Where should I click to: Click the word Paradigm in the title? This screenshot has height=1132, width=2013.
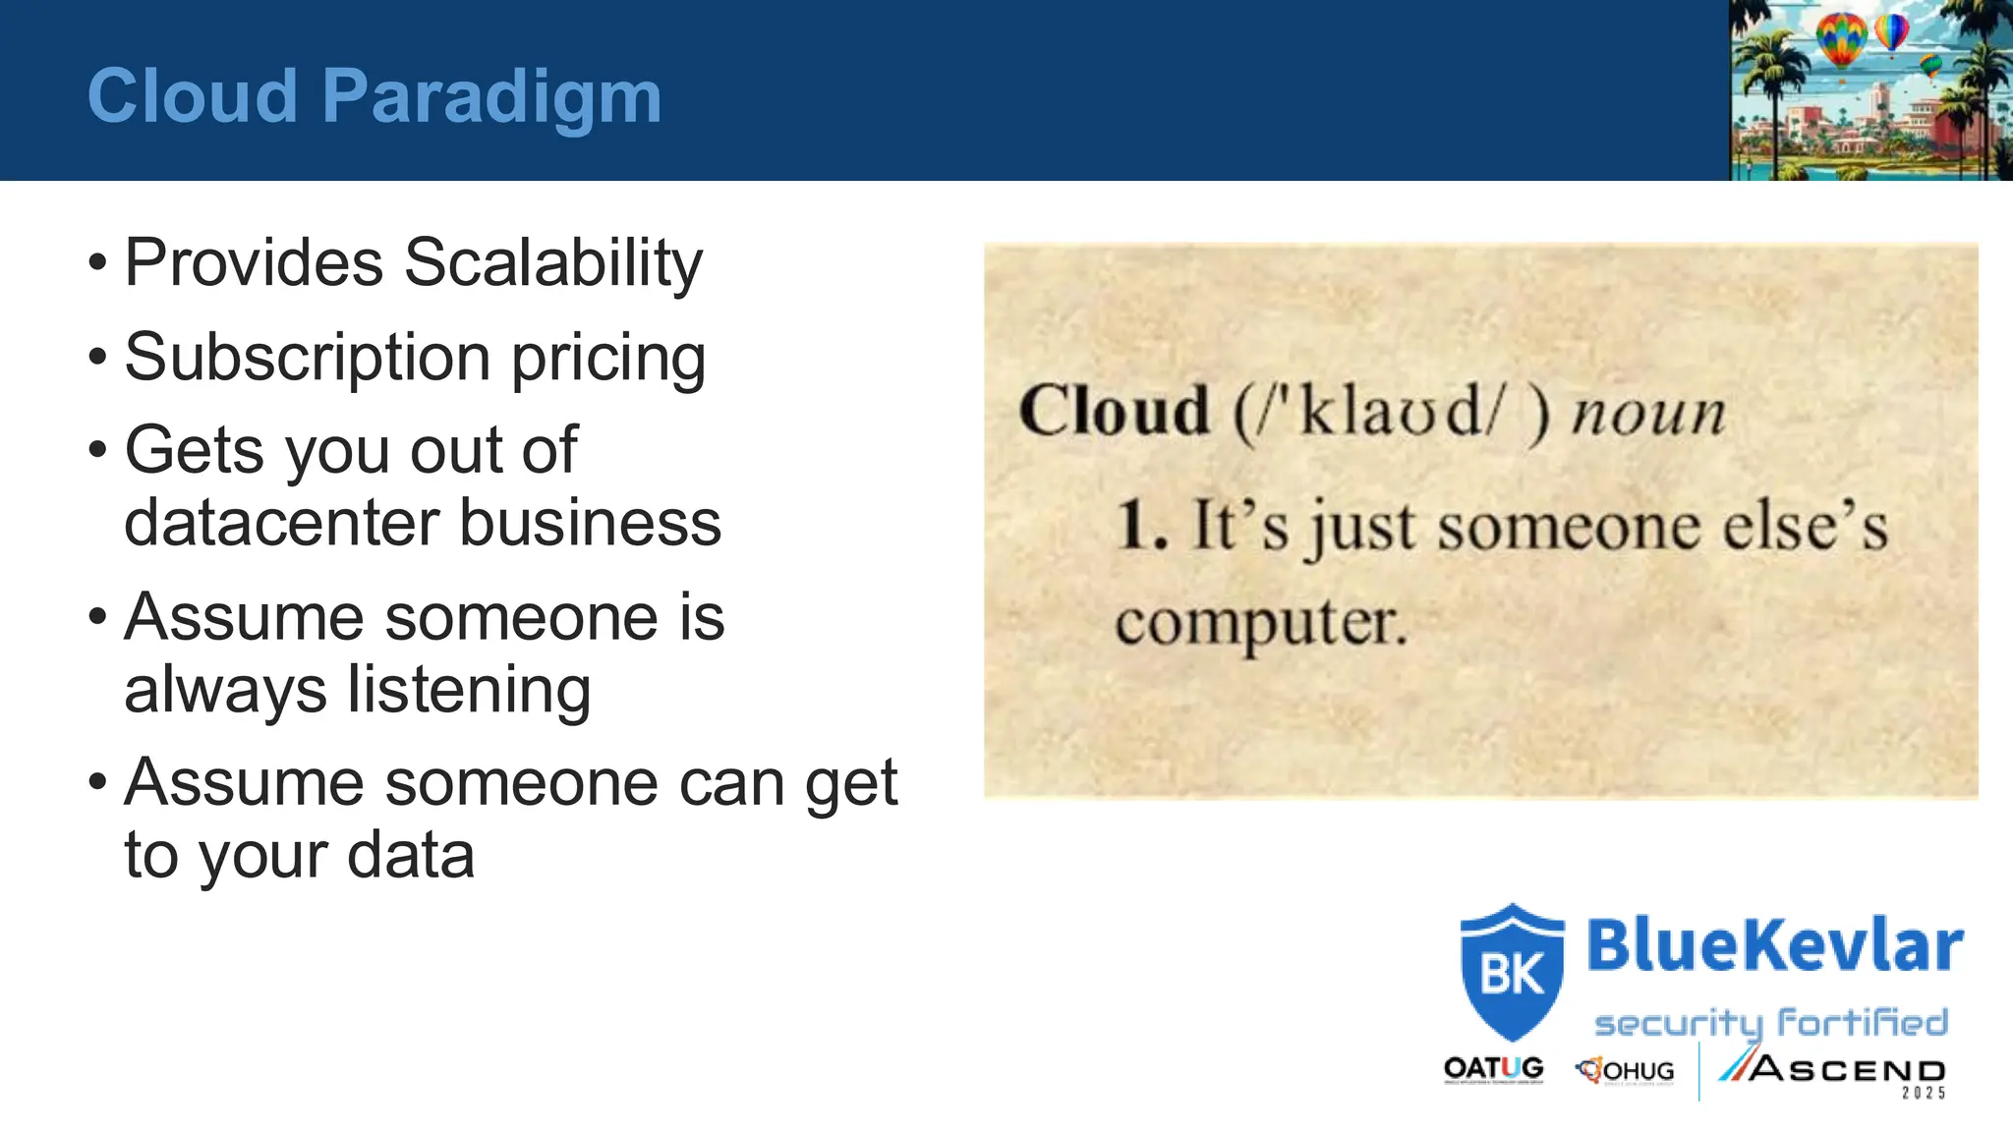(x=491, y=96)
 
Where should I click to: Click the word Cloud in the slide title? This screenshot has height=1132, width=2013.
(x=192, y=96)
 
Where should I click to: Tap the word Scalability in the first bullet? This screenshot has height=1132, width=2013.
(x=552, y=263)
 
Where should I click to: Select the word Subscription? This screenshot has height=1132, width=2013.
(x=307, y=358)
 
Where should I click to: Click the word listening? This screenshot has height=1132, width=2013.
(x=469, y=690)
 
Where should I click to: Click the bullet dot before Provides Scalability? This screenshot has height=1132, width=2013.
(x=97, y=263)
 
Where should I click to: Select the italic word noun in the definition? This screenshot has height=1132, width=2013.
(x=1647, y=413)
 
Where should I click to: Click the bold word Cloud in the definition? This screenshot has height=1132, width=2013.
(x=1114, y=411)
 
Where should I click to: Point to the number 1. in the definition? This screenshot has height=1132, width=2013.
(x=1142, y=526)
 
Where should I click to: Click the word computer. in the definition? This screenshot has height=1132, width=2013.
(x=1261, y=623)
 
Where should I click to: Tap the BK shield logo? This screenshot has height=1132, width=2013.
(x=1511, y=973)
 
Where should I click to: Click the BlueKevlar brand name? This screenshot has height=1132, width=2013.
(x=1774, y=945)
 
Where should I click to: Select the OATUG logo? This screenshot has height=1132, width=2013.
(x=1493, y=1069)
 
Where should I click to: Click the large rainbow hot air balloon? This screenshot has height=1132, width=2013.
(x=1840, y=39)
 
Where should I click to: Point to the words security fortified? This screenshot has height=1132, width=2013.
(x=1770, y=1023)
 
